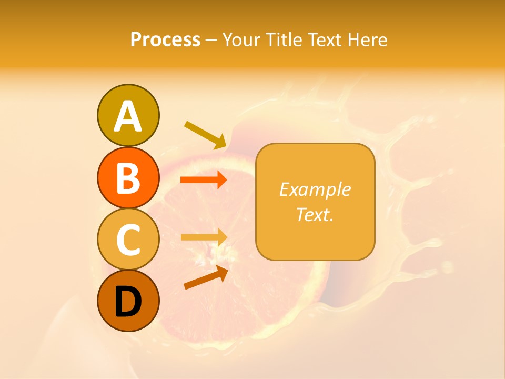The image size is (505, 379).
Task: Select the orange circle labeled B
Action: (x=128, y=177)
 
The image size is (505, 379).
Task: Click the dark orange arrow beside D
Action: (x=206, y=277)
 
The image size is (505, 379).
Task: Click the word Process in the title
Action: (x=165, y=40)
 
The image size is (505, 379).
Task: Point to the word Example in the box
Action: (x=315, y=189)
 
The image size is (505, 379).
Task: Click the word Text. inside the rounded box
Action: (x=315, y=214)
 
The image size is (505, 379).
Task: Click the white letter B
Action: (x=128, y=178)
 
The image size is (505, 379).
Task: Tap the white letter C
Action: (x=128, y=240)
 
